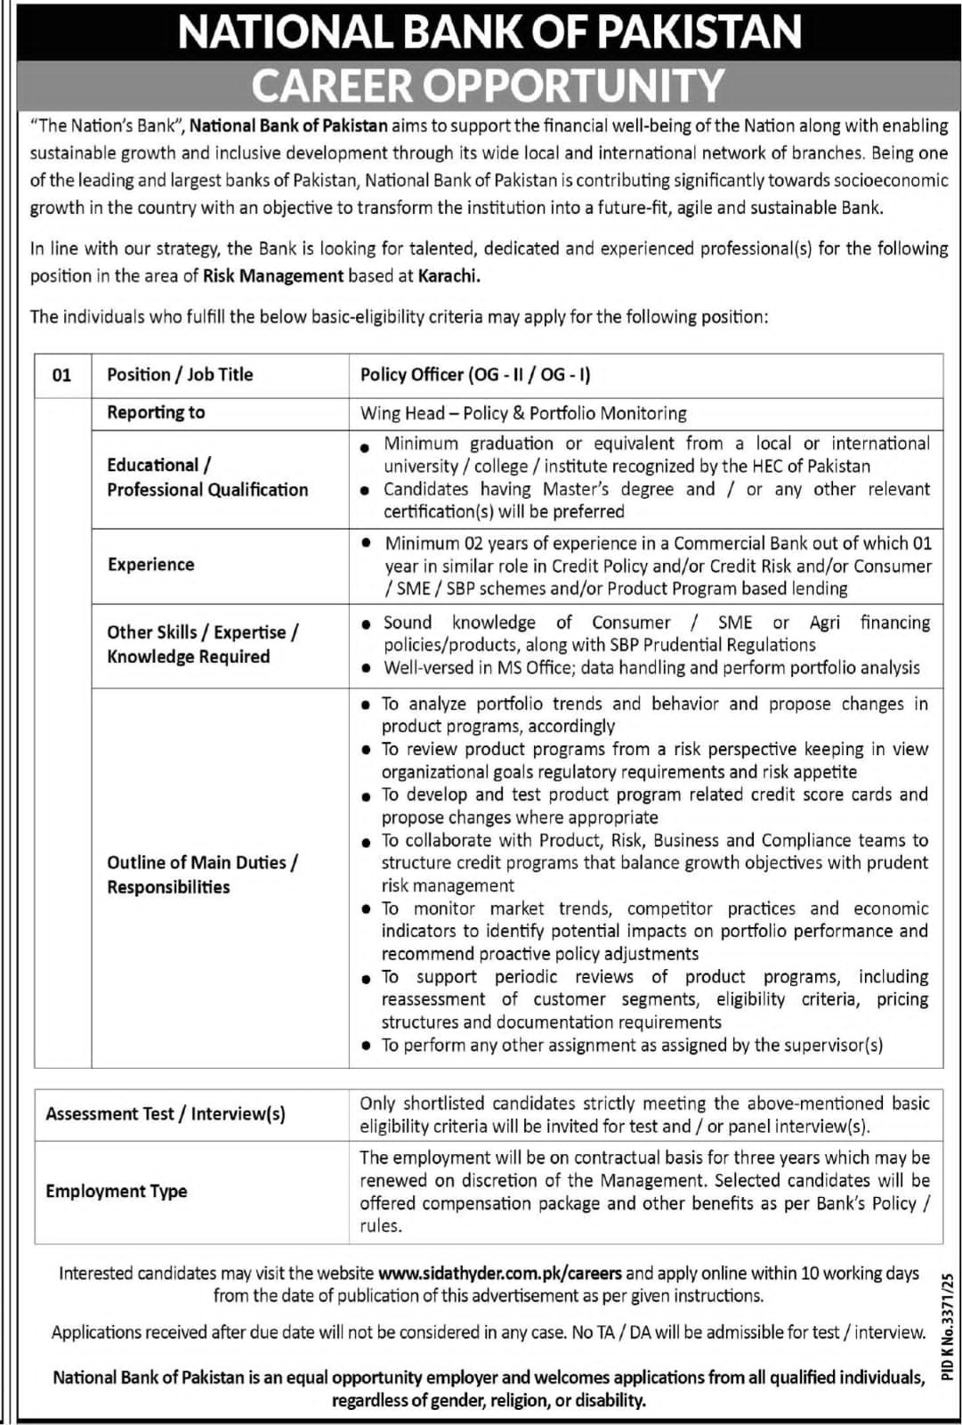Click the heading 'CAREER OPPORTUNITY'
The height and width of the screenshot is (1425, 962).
pyautogui.click(x=488, y=85)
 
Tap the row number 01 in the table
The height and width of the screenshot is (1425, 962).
pyautogui.click(x=61, y=375)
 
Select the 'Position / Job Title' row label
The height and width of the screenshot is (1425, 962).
pyautogui.click(x=180, y=375)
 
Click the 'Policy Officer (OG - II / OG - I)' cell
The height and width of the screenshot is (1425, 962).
pyautogui.click(x=475, y=375)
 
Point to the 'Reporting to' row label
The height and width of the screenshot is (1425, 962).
pyautogui.click(x=156, y=412)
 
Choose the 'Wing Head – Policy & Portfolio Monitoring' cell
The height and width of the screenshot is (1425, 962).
pyautogui.click(x=523, y=413)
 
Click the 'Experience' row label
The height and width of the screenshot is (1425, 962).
pyautogui.click(x=150, y=565)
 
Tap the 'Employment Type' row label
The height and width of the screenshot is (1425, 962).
pyautogui.click(x=117, y=1192)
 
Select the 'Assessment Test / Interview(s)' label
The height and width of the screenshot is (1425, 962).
pyautogui.click(x=166, y=1114)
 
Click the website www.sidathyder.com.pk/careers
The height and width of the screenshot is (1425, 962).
pyautogui.click(x=499, y=1274)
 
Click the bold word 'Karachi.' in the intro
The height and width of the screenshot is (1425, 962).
pyautogui.click(x=449, y=276)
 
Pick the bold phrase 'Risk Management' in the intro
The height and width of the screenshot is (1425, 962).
pyautogui.click(x=273, y=276)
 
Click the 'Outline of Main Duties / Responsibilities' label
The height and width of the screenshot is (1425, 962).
pyautogui.click(x=202, y=875)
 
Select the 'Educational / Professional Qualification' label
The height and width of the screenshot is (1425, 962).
pyautogui.click(x=207, y=477)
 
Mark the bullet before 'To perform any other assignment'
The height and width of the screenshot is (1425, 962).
pyautogui.click(x=366, y=1046)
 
